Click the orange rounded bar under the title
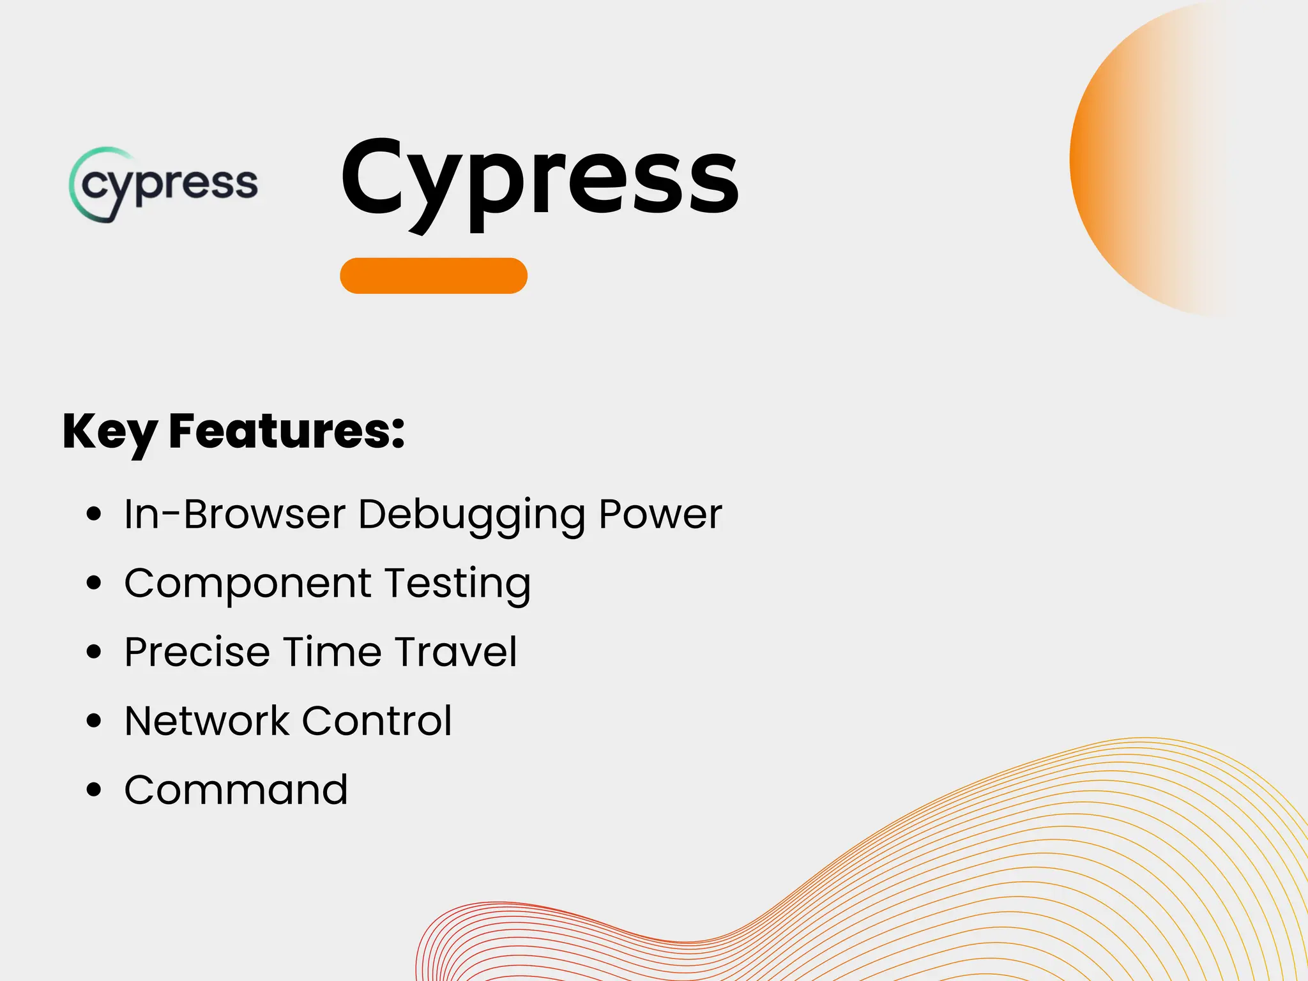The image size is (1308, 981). pos(434,276)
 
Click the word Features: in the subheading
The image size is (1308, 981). pos(287,431)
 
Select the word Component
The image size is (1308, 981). pos(248,584)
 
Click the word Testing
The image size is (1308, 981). pos(457,584)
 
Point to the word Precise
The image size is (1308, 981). pos(197,652)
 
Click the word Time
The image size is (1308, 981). pos(328,652)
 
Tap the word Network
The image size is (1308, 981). pos(207,721)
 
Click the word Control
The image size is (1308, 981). pos(377,721)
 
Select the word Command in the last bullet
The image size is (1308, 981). pos(236,790)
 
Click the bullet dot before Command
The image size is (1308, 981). pos(94,789)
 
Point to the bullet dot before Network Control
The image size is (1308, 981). pos(94,720)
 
